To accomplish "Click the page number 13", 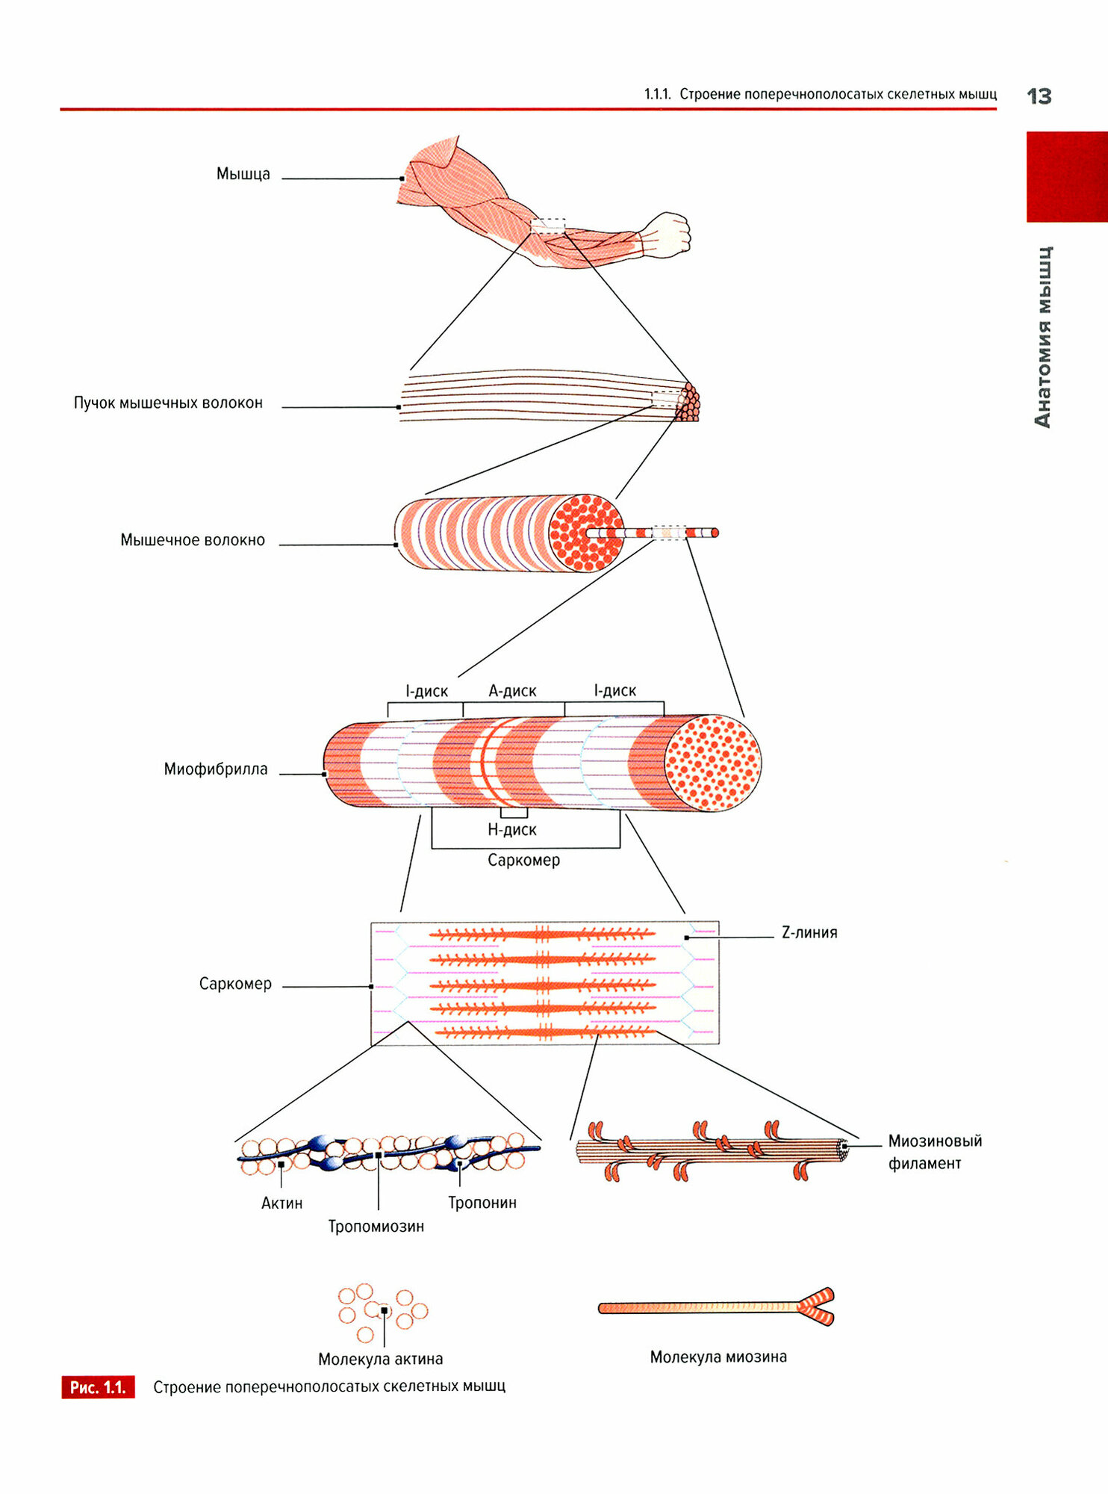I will tap(1039, 96).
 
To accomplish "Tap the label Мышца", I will tap(243, 174).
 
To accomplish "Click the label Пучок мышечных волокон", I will tap(168, 403).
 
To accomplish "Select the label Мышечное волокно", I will tap(193, 540).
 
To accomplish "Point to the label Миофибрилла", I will tap(215, 769).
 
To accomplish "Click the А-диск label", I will tap(512, 691).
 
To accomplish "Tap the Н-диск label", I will tap(511, 829).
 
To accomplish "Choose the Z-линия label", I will tap(809, 932).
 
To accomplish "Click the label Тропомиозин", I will tap(376, 1226).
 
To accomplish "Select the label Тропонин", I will tap(482, 1203).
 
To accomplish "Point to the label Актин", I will tap(281, 1203).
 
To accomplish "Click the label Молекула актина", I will tap(380, 1359).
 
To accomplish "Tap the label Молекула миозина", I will tap(718, 1357).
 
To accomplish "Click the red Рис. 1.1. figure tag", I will tap(98, 1387).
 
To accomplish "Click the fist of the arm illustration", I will tap(667, 234).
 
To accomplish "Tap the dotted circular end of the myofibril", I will tap(712, 763).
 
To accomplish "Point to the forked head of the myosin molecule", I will tap(816, 1307).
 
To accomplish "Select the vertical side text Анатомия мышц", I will tap(1043, 336).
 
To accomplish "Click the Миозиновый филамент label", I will tap(934, 1152).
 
